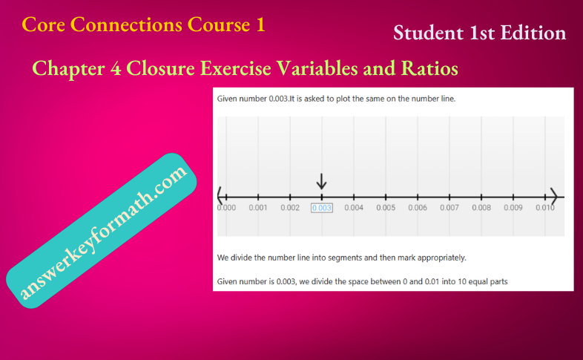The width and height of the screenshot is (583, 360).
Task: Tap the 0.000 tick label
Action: [226, 208]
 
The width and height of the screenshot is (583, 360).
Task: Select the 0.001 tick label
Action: [258, 208]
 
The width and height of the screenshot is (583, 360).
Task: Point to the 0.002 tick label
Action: [290, 208]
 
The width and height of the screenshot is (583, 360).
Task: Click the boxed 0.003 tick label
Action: [322, 208]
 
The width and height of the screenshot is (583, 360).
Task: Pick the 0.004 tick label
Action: [354, 208]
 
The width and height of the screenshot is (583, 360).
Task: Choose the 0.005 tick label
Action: [386, 208]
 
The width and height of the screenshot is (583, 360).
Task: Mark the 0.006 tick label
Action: [418, 208]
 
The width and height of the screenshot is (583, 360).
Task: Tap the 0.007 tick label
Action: [449, 208]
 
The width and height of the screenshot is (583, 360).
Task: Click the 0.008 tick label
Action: [481, 208]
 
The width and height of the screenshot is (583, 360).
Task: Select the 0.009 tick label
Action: [513, 208]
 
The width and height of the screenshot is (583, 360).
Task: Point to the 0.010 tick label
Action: [545, 208]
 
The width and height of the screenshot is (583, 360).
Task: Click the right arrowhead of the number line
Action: [553, 197]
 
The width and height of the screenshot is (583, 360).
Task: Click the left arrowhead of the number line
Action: [220, 197]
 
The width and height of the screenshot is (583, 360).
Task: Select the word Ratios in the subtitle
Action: [431, 69]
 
